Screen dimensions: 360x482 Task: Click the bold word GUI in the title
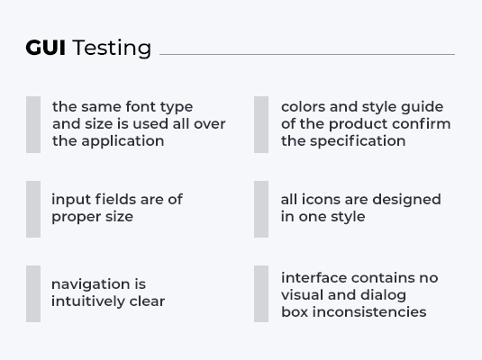pyautogui.click(x=46, y=48)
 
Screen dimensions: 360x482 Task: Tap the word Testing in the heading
pyautogui.click(x=112, y=49)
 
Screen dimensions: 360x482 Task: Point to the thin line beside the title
pyautogui.click(x=306, y=54)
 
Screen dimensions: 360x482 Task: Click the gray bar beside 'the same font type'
pyautogui.click(x=33, y=124)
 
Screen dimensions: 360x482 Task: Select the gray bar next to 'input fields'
pyautogui.click(x=33, y=209)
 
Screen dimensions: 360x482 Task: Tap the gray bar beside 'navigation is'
pyautogui.click(x=33, y=293)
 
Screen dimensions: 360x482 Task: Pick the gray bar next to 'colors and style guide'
pyautogui.click(x=261, y=124)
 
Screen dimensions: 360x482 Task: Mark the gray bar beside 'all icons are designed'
pyautogui.click(x=261, y=209)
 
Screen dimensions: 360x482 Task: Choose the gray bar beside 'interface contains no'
pyautogui.click(x=261, y=293)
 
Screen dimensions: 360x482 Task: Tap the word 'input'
pyautogui.click(x=70, y=200)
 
